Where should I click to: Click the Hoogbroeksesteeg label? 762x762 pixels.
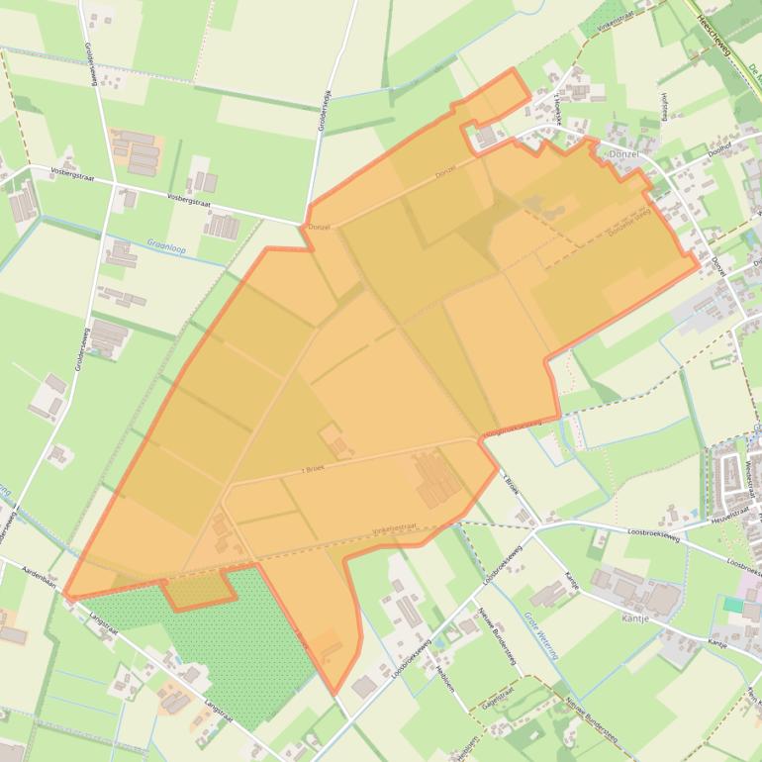point(512,429)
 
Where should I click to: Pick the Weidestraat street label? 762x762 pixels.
point(748,466)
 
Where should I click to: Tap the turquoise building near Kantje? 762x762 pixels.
point(732,604)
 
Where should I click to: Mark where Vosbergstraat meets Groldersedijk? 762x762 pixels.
point(304,223)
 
